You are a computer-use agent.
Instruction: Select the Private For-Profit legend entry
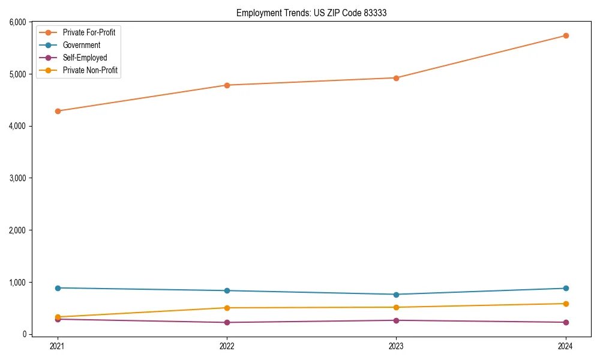[x=89, y=32]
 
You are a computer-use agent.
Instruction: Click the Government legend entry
[x=82, y=45]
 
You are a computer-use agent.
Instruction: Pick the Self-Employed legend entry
[x=85, y=58]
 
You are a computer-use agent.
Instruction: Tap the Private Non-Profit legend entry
[x=90, y=70]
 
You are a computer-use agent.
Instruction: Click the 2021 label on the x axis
[x=58, y=346]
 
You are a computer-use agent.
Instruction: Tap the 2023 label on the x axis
[x=396, y=346]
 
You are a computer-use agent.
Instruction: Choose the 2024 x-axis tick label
[x=566, y=346]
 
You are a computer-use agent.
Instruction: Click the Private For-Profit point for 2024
[x=566, y=35]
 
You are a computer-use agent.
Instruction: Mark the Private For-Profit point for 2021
[x=58, y=111]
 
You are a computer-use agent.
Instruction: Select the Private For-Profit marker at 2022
[x=227, y=85]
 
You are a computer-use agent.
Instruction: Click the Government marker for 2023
[x=396, y=294]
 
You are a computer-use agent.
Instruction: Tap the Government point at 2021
[x=58, y=288]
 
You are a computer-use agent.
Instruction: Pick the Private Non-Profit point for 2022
[x=227, y=308]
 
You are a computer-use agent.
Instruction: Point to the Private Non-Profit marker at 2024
[x=566, y=304]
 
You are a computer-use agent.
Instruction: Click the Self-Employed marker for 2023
[x=396, y=320]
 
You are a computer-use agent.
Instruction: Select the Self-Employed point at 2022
[x=227, y=322]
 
